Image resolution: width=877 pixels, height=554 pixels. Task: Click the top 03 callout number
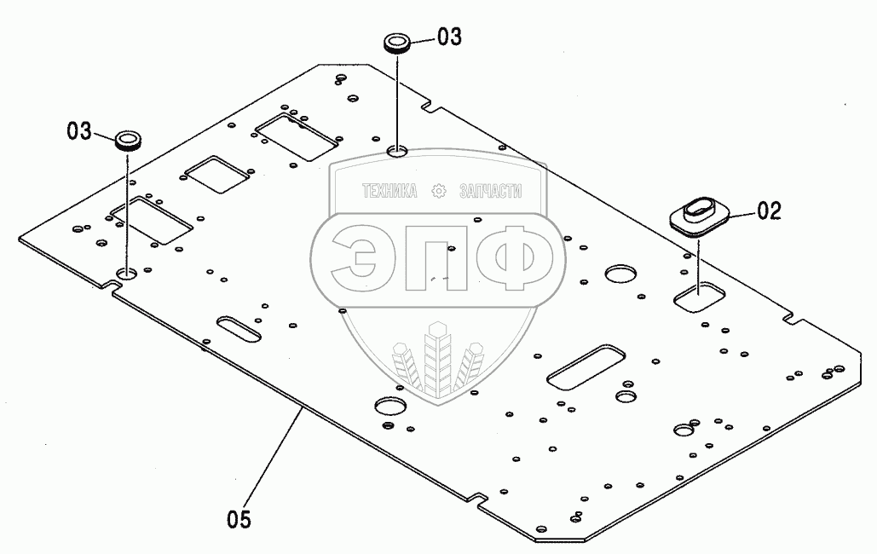click(449, 37)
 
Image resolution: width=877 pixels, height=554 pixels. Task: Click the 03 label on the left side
click(79, 131)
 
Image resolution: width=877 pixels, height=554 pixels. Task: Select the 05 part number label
click(239, 518)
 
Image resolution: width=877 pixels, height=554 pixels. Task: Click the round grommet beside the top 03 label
click(396, 43)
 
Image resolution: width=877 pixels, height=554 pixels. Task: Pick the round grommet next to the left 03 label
click(128, 140)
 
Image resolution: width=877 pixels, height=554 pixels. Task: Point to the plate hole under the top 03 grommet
click(397, 152)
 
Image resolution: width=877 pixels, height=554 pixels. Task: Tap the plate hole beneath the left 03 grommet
click(127, 274)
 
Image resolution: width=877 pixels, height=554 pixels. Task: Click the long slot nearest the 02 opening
click(585, 367)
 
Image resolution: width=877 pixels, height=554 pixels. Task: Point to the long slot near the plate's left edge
click(239, 329)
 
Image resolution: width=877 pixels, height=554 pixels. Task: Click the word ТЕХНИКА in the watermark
click(389, 192)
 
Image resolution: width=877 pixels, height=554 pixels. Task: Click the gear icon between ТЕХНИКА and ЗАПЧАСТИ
click(439, 192)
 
